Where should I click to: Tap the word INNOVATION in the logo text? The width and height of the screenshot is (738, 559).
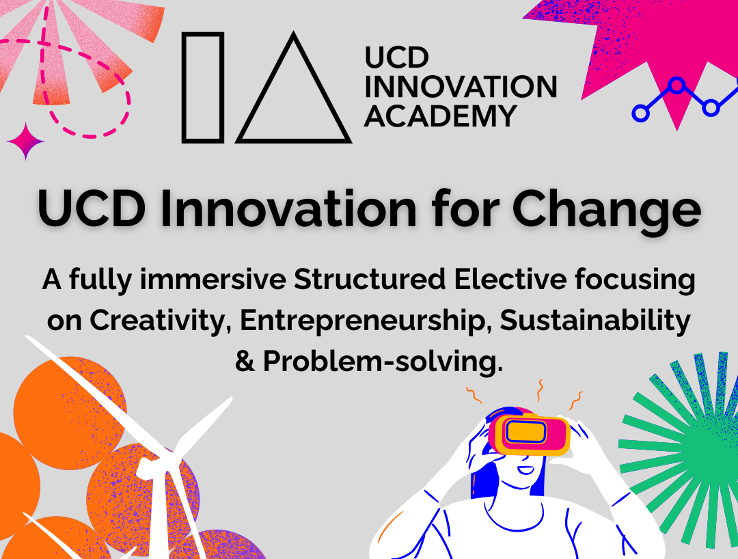pos(461,87)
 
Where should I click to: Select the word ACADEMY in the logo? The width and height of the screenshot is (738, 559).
pos(441,115)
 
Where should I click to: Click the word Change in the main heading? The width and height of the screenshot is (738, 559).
pos(607,209)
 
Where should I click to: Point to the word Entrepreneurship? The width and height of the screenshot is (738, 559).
pos(362,321)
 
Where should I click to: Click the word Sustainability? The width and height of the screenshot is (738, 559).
pos(595,321)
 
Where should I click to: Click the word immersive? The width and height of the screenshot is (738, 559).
pos(213,279)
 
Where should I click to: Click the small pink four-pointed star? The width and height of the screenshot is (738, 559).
pos(25,141)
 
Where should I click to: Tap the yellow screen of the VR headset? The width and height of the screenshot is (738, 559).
pos(526,431)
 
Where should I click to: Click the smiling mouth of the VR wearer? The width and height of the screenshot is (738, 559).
pos(525,469)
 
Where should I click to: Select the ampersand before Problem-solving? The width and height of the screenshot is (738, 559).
pos(245,362)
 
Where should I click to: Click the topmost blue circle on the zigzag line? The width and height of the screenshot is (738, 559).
pos(676,85)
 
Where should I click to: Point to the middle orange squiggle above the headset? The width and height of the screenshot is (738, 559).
pos(541,390)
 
